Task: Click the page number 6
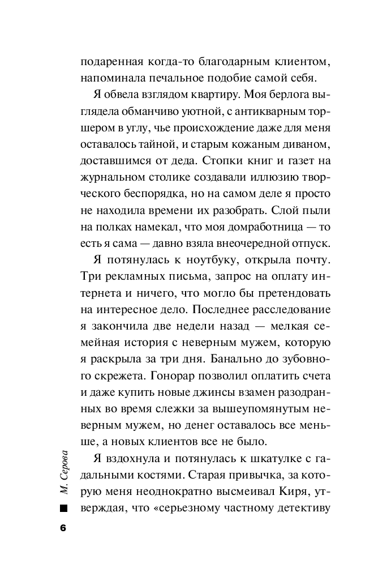click(x=63, y=528)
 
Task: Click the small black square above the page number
click(x=63, y=507)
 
